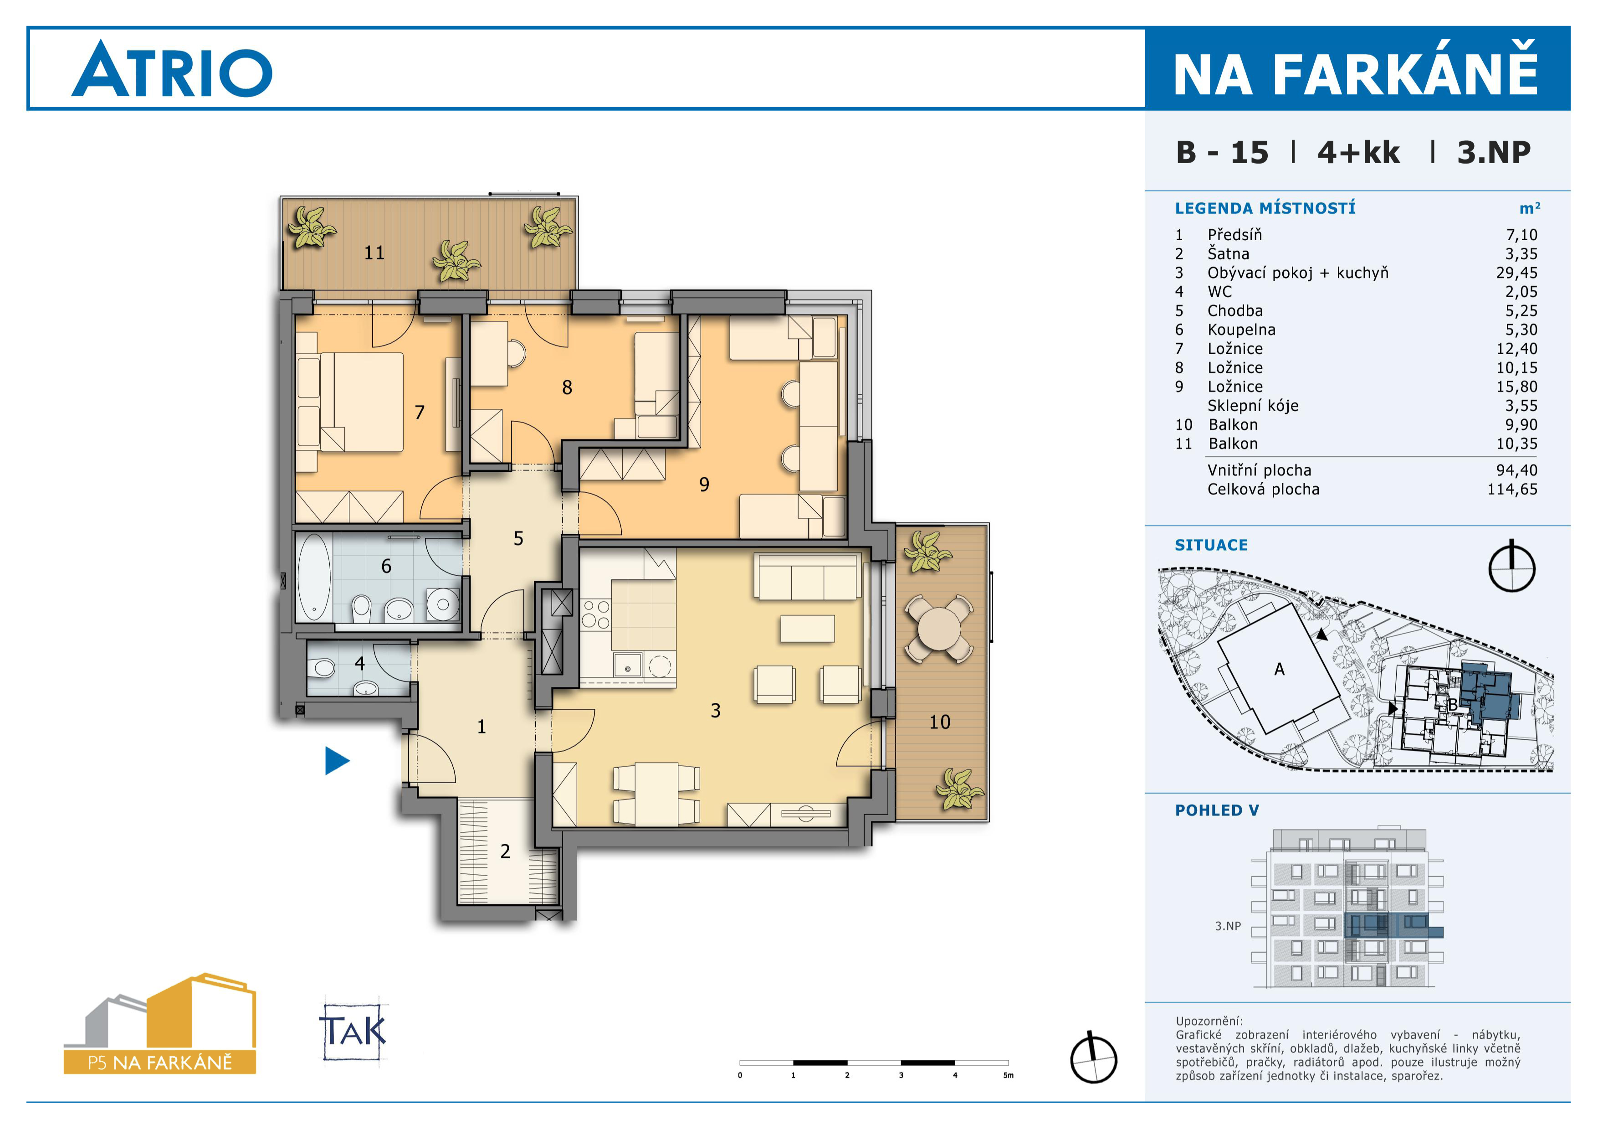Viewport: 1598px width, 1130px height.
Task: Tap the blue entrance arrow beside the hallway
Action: [337, 760]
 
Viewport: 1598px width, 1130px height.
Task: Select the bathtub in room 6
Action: [314, 577]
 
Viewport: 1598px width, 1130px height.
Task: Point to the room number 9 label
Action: [704, 485]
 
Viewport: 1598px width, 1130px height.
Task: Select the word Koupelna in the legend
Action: [1242, 330]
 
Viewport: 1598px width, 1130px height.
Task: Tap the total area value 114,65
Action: [1512, 490]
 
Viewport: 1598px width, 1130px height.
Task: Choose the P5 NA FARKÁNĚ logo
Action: [160, 1023]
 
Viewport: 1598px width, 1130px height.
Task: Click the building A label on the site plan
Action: [1279, 670]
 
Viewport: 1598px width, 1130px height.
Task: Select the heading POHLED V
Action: [1217, 810]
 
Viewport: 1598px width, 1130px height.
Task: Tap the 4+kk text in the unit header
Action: [1358, 153]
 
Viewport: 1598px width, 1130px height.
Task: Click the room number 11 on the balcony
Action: [374, 253]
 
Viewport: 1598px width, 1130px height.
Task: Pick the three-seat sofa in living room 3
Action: [807, 577]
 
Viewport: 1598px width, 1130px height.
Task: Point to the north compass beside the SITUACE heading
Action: [1512, 567]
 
